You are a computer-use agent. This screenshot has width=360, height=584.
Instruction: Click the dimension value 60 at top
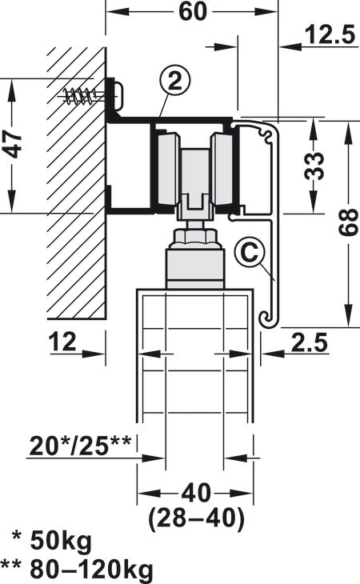(x=189, y=11)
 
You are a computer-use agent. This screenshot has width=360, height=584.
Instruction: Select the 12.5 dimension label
(x=328, y=35)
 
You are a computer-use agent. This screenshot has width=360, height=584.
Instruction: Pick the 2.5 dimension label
(x=309, y=342)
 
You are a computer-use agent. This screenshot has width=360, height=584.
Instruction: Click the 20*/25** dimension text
(x=78, y=442)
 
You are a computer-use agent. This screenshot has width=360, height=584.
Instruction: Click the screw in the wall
(x=84, y=96)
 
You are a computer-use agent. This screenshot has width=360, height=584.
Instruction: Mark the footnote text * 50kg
(x=52, y=542)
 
